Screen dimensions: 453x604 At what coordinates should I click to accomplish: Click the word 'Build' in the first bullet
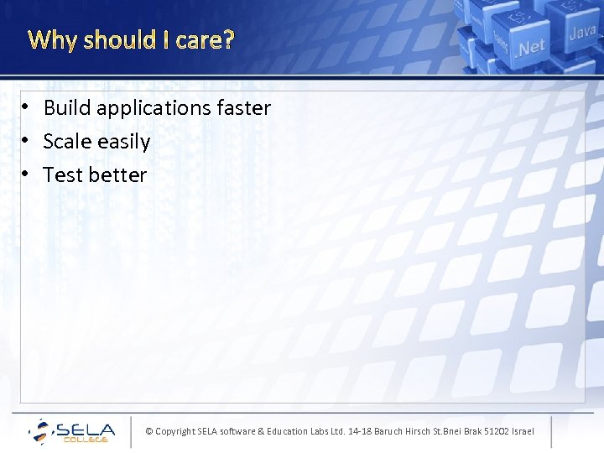[67, 108]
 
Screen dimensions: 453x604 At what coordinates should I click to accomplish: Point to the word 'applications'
[154, 108]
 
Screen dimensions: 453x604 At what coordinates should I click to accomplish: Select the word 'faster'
[244, 108]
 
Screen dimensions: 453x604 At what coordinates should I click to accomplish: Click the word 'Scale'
[67, 142]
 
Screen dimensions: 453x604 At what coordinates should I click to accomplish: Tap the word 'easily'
[123, 142]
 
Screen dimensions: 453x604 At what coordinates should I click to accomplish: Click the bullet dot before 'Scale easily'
[27, 141]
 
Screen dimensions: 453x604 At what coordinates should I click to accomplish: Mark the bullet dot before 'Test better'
[27, 174]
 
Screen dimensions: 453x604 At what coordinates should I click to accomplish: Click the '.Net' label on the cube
[530, 48]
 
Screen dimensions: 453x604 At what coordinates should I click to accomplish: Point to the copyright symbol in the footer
[148, 431]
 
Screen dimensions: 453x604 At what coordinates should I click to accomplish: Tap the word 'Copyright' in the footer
[174, 431]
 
